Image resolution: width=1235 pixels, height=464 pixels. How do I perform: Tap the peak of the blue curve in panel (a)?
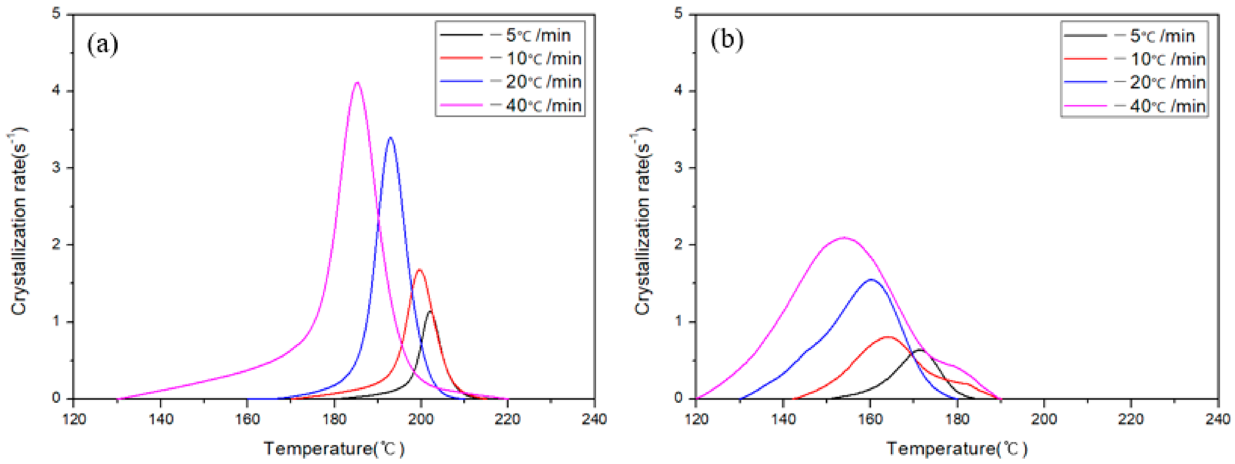click(390, 138)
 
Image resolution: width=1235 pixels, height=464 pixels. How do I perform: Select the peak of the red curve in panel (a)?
click(420, 270)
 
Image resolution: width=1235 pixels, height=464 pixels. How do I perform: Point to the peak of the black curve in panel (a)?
click(430, 311)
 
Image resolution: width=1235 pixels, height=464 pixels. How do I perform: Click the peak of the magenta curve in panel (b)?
click(844, 237)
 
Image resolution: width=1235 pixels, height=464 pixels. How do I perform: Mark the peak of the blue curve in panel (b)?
click(871, 279)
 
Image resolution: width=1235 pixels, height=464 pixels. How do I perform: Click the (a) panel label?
click(102, 44)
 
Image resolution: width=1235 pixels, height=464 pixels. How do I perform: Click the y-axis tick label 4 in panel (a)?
click(56, 91)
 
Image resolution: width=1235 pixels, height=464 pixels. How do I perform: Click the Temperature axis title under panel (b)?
click(957, 449)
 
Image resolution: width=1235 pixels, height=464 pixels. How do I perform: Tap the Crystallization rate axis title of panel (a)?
click(19, 221)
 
